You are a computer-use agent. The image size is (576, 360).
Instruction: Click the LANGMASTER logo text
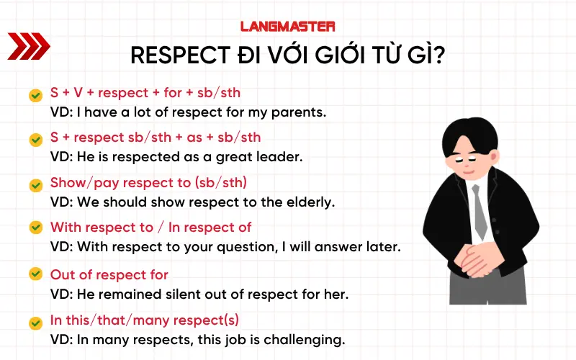tap(287, 26)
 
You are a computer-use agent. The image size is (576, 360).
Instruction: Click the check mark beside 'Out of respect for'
tap(35, 274)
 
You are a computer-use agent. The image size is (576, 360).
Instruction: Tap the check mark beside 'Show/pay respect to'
tap(35, 184)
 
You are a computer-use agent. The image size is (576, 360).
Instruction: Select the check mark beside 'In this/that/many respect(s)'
tap(35, 321)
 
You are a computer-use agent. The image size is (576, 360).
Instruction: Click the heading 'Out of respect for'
tap(109, 274)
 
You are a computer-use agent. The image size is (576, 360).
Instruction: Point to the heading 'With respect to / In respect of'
tap(150, 228)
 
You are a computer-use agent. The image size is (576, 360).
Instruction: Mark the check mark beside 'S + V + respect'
tap(35, 95)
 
